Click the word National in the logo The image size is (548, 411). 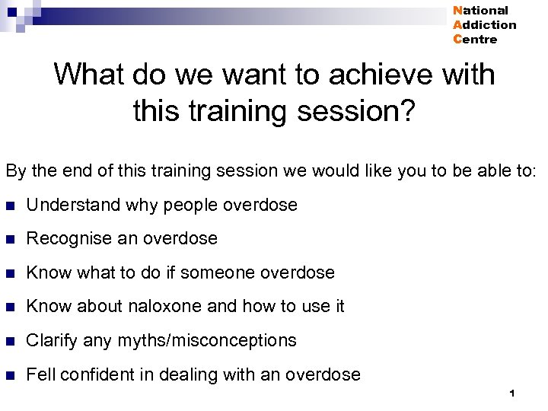[x=480, y=11]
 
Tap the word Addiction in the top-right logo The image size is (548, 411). [x=484, y=25]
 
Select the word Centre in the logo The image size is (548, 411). [x=475, y=40]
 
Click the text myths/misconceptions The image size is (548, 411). [x=207, y=340]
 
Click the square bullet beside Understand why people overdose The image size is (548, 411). [x=9, y=205]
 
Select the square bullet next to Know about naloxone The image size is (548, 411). [x=9, y=307]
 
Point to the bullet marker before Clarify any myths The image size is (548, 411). [x=9, y=341]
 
